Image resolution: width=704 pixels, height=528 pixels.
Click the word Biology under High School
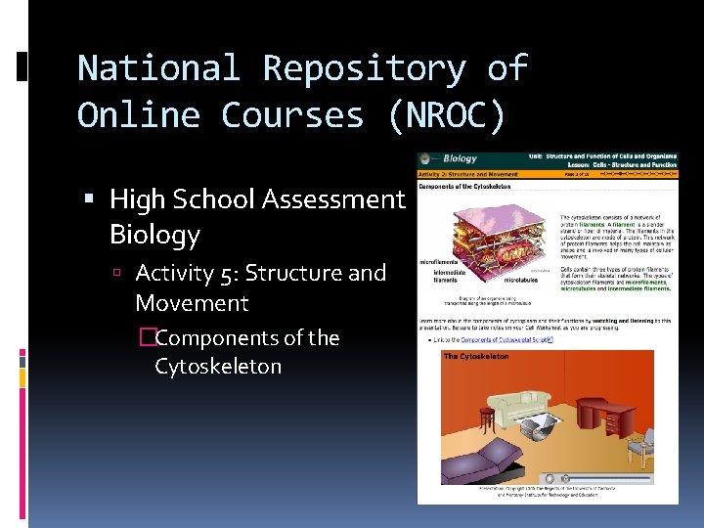(x=154, y=235)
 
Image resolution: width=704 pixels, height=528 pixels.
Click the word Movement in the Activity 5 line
(x=192, y=303)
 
